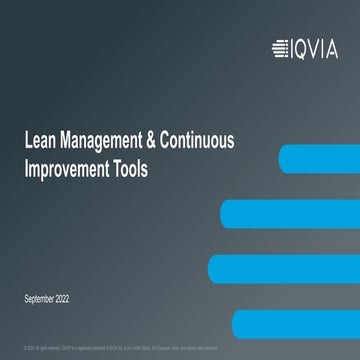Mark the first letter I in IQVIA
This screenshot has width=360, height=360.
pos(290,44)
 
